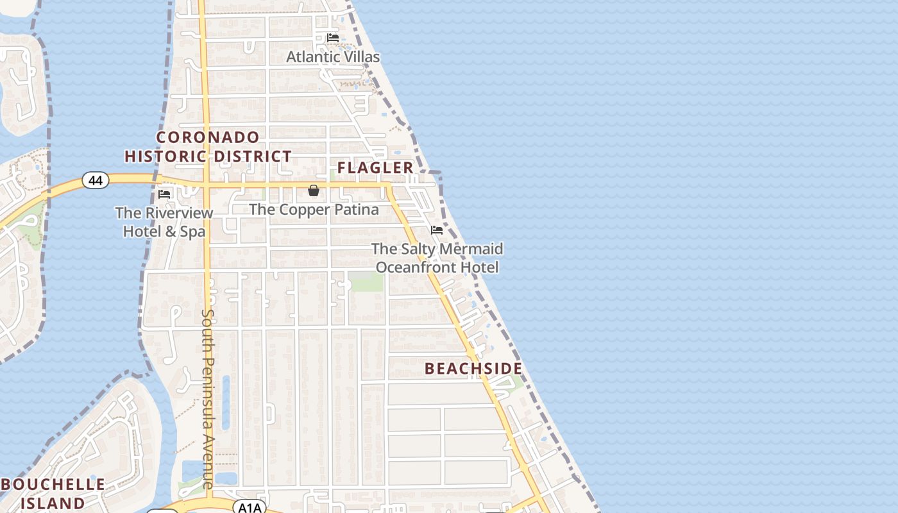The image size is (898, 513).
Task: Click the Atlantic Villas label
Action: coord(332,57)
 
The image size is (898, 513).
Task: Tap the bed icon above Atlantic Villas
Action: coord(332,38)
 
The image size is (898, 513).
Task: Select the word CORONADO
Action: coord(208,137)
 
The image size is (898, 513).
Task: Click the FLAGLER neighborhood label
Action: coord(375,168)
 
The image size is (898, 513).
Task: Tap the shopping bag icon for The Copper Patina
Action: coord(314,190)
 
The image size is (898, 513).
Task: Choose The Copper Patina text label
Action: coord(314,210)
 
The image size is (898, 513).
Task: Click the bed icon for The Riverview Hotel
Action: coord(164,194)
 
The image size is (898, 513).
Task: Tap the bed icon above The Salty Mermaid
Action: coord(437,230)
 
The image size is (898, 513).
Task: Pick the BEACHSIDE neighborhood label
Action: coord(473,369)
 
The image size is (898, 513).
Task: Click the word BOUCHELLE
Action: coord(53,485)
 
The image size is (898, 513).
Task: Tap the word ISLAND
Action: coord(53,503)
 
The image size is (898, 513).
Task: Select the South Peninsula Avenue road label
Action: coord(208,398)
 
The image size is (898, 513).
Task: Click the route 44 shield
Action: coord(95,181)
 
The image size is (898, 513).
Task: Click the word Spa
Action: coord(192,231)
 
